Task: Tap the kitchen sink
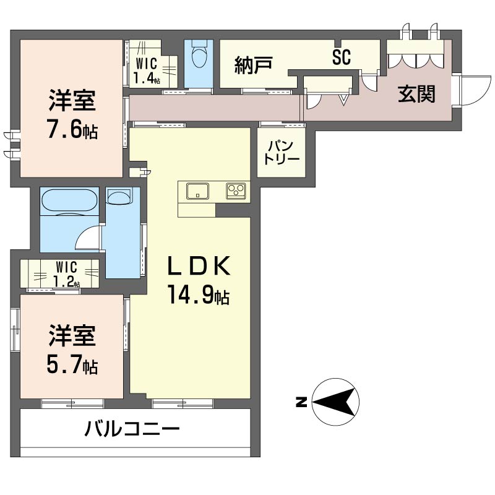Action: pos(197,191)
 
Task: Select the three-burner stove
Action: pos(236,191)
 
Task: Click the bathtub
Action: pos(70,202)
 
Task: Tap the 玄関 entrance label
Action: pos(416,94)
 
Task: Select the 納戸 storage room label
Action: pos(254,65)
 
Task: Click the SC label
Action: pos(342,57)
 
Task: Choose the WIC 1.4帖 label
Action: pos(147,71)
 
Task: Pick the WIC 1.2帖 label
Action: pos(67,274)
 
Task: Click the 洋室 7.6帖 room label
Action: pos(72,114)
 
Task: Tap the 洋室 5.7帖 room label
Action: pos(72,350)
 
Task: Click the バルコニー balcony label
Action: pos(132,429)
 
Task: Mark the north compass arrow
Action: pos(335,402)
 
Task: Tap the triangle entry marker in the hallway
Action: pos(344,100)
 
